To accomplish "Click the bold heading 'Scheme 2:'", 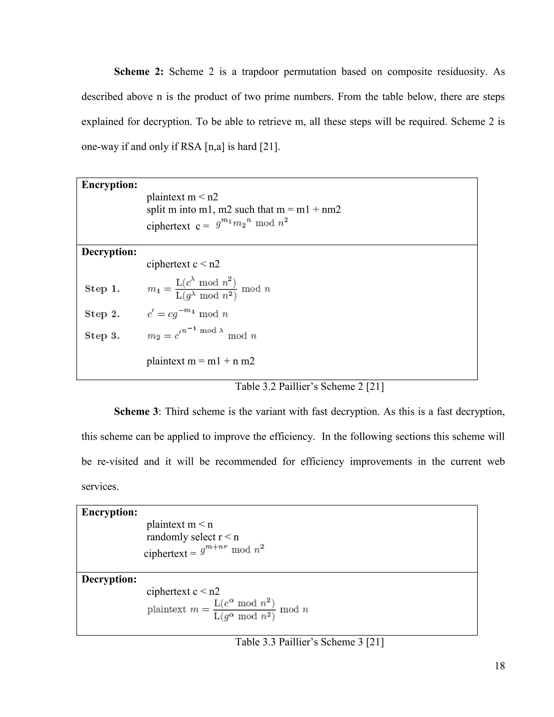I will [138, 72].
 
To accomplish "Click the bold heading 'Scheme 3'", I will [136, 411].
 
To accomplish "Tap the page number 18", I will [500, 666].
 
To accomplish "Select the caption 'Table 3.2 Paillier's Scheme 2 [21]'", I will [309, 386].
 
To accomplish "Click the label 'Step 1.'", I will [102, 289].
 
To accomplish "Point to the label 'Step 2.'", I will [102, 314].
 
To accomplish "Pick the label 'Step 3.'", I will [102, 336].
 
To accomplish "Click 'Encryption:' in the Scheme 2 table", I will [109, 185].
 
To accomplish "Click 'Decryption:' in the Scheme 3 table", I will [109, 579].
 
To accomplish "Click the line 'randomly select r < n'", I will [193, 537].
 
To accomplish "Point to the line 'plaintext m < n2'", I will [182, 197].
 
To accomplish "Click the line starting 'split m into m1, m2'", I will [243, 209].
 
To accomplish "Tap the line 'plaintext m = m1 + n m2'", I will [200, 361].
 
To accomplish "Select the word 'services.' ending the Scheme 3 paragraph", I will [100, 486].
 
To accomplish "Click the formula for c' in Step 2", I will [187, 314].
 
